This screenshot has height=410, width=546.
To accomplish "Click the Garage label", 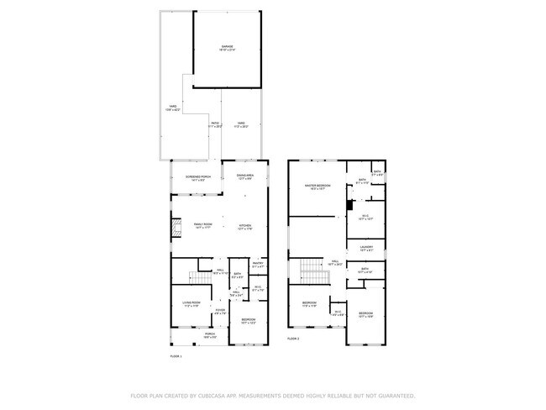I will point(227,47).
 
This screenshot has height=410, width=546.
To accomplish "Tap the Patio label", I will point(215,124).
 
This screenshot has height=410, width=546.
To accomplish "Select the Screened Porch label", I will point(197,178).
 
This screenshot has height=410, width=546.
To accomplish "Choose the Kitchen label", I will point(245,226).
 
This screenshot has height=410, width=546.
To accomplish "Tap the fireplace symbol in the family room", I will point(176,227).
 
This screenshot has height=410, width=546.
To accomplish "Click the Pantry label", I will point(258,264).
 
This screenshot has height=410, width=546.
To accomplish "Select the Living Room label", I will point(191,303).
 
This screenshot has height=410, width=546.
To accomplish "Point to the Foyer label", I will point(220,313).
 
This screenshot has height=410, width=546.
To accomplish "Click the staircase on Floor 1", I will point(198,276).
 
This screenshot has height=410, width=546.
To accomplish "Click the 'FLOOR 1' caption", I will point(176,357).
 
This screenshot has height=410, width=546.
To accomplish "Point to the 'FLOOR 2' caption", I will point(293,339).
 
